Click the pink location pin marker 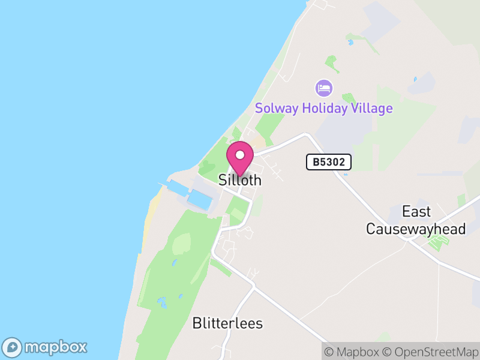tap(240, 158)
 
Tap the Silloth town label tap(240, 180)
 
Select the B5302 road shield tap(328, 162)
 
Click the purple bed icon tap(324, 89)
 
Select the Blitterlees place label tap(227, 323)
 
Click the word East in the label tap(416, 212)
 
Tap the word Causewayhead tap(416, 229)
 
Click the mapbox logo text tap(56, 347)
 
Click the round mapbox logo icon tap(13, 347)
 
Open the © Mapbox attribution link tap(355, 352)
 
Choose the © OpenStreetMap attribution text tap(431, 352)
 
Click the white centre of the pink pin tap(240, 155)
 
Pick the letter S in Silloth tap(223, 180)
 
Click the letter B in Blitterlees tap(197, 323)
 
